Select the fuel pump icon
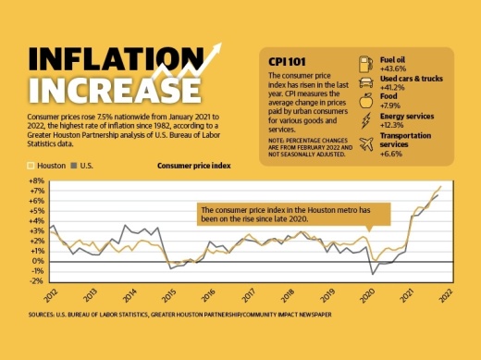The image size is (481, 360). click(x=364, y=63)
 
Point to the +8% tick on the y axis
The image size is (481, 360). click(x=36, y=180)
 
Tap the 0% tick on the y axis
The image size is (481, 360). click(x=38, y=260)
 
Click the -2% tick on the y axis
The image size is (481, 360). click(x=36, y=279)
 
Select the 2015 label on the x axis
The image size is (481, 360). click(x=168, y=296)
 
